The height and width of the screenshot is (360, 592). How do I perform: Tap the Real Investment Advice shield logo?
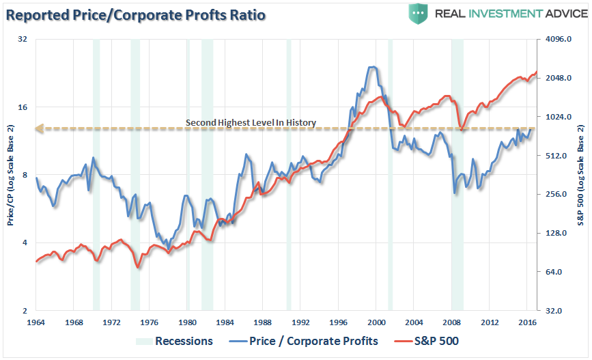pos(418,14)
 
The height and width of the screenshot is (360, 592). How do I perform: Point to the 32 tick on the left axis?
pos(23,40)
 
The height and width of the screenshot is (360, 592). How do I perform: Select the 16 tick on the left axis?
pos(23,107)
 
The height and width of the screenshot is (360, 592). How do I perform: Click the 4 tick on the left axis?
pos(25,243)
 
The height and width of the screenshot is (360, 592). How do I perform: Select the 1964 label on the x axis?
pos(36,321)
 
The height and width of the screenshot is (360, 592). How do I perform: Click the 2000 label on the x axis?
pos(377,321)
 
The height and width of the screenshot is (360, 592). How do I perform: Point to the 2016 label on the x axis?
pos(526,321)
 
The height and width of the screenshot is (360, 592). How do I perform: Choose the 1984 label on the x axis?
pos(225,321)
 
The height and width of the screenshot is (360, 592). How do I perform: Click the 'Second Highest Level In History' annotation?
pos(251,123)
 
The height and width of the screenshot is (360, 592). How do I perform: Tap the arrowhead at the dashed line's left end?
pos(40,128)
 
